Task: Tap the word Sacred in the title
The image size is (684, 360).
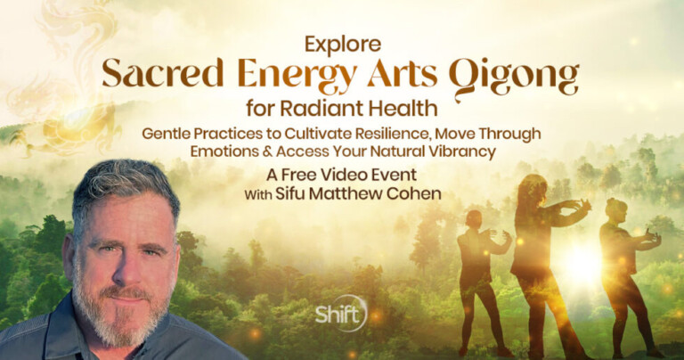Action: [163, 75]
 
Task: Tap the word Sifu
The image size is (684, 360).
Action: [290, 193]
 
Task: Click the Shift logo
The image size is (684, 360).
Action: [341, 313]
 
